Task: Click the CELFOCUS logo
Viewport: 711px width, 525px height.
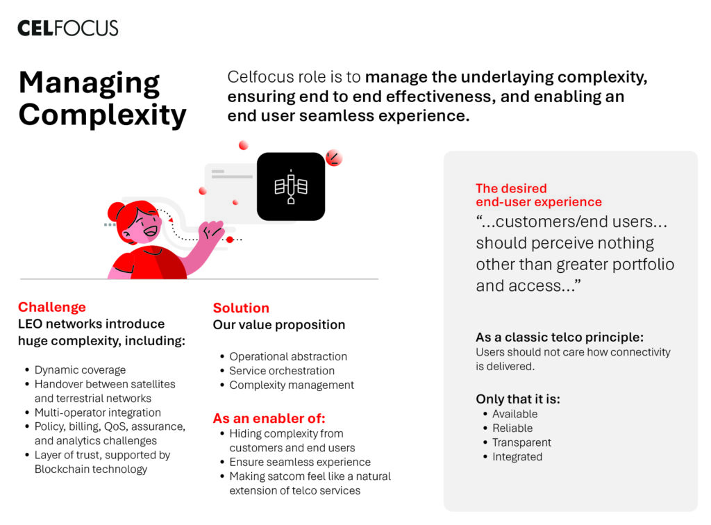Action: pyautogui.click(x=68, y=28)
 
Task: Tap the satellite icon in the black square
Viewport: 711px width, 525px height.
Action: pyautogui.click(x=291, y=186)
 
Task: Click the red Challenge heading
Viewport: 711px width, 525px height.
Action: pyautogui.click(x=52, y=307)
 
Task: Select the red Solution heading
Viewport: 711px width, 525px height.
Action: pyautogui.click(x=241, y=308)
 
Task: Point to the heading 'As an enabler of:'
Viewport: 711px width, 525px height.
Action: pyautogui.click(x=269, y=418)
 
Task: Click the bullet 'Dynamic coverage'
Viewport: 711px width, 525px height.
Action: pyautogui.click(x=81, y=370)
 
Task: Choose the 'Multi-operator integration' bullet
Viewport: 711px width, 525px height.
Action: pyautogui.click(x=98, y=412)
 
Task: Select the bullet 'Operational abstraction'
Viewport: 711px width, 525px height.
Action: pyautogui.click(x=288, y=356)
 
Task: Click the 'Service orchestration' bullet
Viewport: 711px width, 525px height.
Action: pyautogui.click(x=282, y=371)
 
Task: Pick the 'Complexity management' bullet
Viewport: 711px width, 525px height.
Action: pyautogui.click(x=292, y=385)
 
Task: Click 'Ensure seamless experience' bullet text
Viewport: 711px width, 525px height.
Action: pyautogui.click(x=300, y=462)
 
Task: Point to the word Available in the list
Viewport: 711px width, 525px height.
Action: pyautogui.click(x=515, y=414)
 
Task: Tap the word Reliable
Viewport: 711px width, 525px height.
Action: pyautogui.click(x=513, y=428)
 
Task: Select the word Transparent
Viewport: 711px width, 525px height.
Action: pyautogui.click(x=522, y=442)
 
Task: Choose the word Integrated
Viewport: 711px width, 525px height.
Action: pyautogui.click(x=517, y=456)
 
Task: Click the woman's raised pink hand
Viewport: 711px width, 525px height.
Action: pyautogui.click(x=212, y=231)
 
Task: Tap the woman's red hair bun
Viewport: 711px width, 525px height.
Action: pyautogui.click(x=115, y=211)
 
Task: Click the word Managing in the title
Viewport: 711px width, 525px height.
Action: pyautogui.click(x=90, y=84)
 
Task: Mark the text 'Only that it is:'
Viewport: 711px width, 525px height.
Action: pyautogui.click(x=518, y=399)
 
